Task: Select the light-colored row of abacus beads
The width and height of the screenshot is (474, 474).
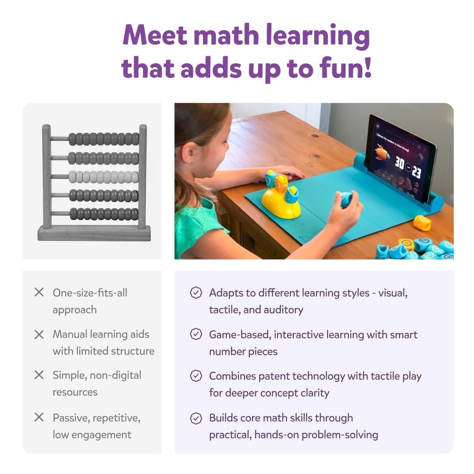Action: click(104, 177)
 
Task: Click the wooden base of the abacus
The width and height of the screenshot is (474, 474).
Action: click(94, 233)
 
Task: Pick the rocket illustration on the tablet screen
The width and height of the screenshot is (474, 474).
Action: click(383, 148)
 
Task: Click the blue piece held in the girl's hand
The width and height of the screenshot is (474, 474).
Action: click(346, 198)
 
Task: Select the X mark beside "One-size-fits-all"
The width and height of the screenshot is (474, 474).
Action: click(39, 292)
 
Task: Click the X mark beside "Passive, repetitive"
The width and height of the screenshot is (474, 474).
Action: click(39, 417)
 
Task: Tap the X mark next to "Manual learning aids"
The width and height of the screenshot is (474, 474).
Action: click(39, 334)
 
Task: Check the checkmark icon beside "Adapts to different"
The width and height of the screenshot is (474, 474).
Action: click(196, 293)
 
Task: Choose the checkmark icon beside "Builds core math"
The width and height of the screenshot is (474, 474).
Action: click(196, 418)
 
